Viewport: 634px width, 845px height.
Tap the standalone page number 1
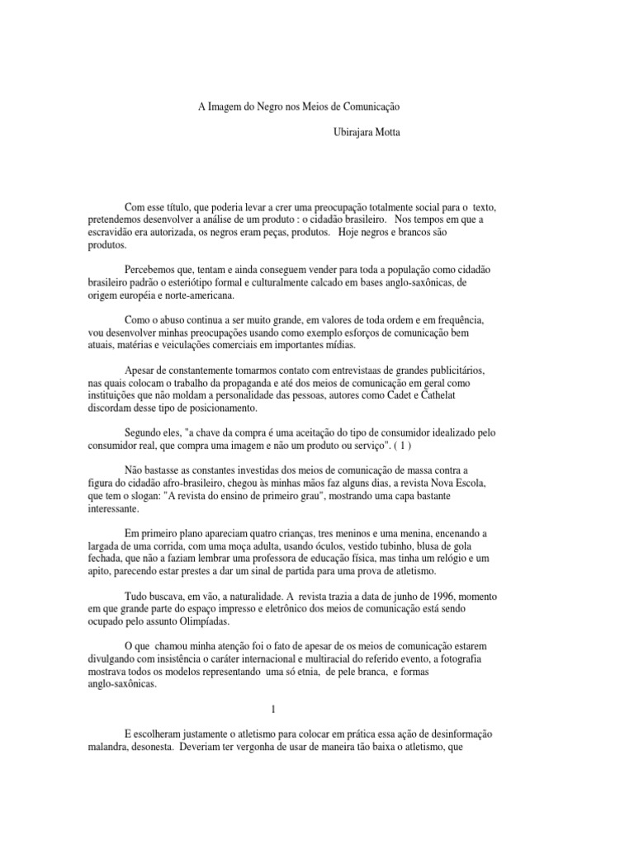[x=272, y=709]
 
